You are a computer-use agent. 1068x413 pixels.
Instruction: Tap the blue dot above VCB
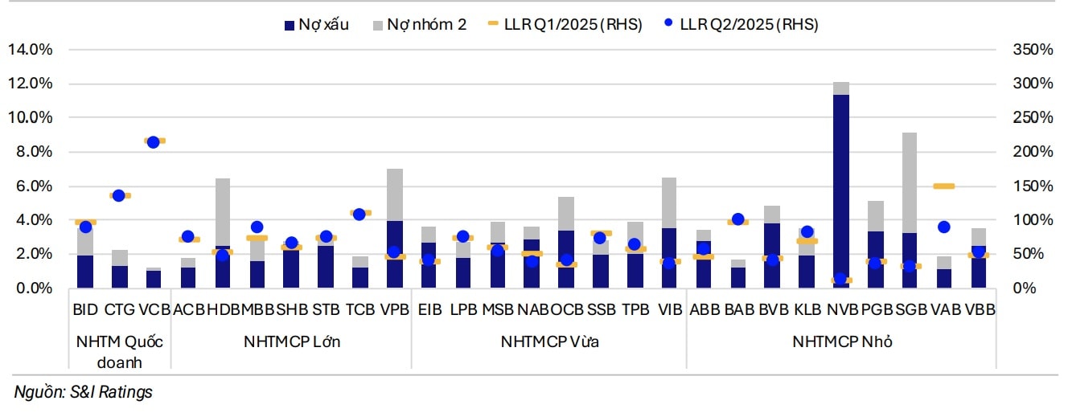(x=153, y=142)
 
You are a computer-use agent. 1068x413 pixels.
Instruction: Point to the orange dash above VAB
(x=943, y=186)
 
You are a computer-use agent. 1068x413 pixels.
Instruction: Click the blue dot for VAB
(x=944, y=227)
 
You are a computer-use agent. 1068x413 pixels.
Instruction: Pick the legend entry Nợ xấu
(x=314, y=24)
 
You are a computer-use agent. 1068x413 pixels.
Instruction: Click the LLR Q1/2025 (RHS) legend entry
(x=565, y=24)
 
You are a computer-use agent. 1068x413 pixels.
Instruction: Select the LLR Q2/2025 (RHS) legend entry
(x=740, y=24)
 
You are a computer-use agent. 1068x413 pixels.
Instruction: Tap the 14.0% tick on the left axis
(x=30, y=50)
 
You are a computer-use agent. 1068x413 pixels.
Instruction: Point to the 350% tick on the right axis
(x=1033, y=50)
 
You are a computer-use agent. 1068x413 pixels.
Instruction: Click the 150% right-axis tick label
(x=1033, y=186)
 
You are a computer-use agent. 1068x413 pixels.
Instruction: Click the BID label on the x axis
(x=85, y=309)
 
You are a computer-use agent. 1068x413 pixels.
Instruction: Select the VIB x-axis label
(x=669, y=309)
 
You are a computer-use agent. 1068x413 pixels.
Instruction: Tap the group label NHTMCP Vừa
(x=549, y=342)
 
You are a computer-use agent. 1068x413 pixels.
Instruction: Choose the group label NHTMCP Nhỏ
(x=842, y=342)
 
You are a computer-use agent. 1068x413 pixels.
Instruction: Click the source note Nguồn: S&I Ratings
(x=83, y=392)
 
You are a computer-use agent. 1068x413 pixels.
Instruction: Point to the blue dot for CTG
(x=119, y=195)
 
